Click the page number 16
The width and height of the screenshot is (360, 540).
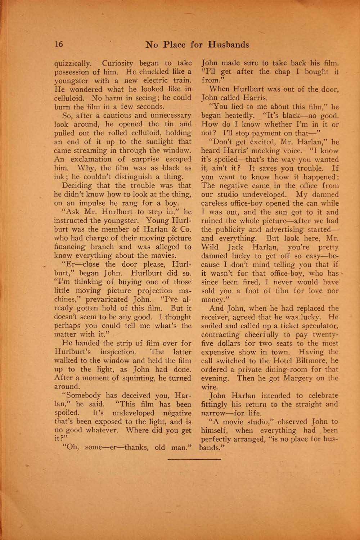coord(59,44)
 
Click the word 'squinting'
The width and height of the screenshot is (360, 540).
coord(151,378)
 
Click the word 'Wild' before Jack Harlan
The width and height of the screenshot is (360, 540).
coord(209,247)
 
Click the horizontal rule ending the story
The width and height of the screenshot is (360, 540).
coord(194,460)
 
